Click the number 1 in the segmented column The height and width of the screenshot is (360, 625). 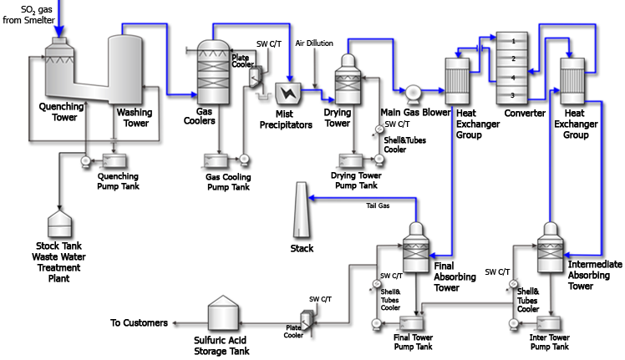[514, 40]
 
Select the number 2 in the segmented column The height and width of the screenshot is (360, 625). [514, 58]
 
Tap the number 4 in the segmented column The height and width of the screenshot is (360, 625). [514, 78]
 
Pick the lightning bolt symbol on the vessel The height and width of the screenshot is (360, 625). [289, 91]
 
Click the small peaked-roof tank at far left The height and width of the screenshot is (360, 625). [60, 223]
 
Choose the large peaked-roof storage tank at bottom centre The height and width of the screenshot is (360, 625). [224, 314]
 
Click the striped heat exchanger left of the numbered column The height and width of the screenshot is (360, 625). [457, 80]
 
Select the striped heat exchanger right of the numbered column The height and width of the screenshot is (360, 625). [572, 80]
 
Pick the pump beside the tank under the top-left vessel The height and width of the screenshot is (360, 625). [87, 163]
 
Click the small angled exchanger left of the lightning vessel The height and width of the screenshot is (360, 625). [256, 78]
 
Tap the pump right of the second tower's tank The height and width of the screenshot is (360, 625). [244, 160]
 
